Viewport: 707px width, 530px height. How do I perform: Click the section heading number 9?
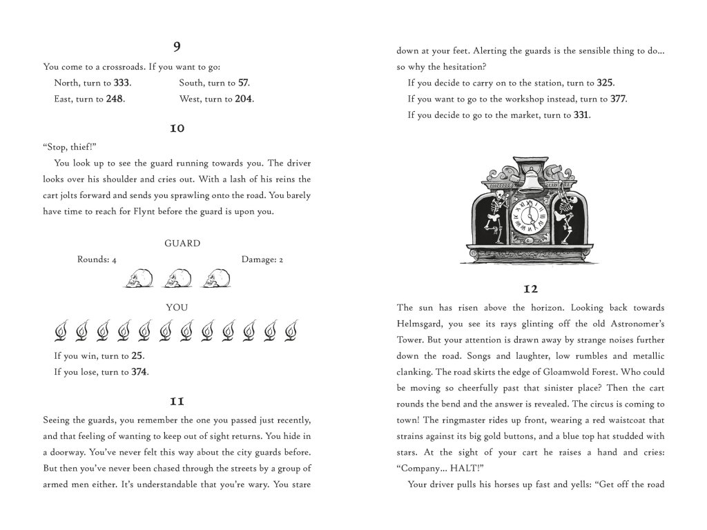177,47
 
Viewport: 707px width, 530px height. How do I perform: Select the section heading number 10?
177,128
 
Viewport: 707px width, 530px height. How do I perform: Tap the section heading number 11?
177,400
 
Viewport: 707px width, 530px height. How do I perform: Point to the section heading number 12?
530,288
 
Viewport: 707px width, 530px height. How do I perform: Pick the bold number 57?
243,83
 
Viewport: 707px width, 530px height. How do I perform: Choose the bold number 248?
115,99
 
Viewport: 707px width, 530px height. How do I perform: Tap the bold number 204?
244,99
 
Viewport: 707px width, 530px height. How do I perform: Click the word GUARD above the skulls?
182,244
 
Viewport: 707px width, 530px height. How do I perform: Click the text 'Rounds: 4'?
97,259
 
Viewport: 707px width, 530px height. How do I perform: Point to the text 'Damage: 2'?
262,259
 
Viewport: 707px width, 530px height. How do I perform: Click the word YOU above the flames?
177,307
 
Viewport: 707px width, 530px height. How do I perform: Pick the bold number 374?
139,372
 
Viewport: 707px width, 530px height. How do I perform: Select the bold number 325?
605,83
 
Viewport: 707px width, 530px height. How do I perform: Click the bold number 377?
619,99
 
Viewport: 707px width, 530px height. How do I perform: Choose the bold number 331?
581,115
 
